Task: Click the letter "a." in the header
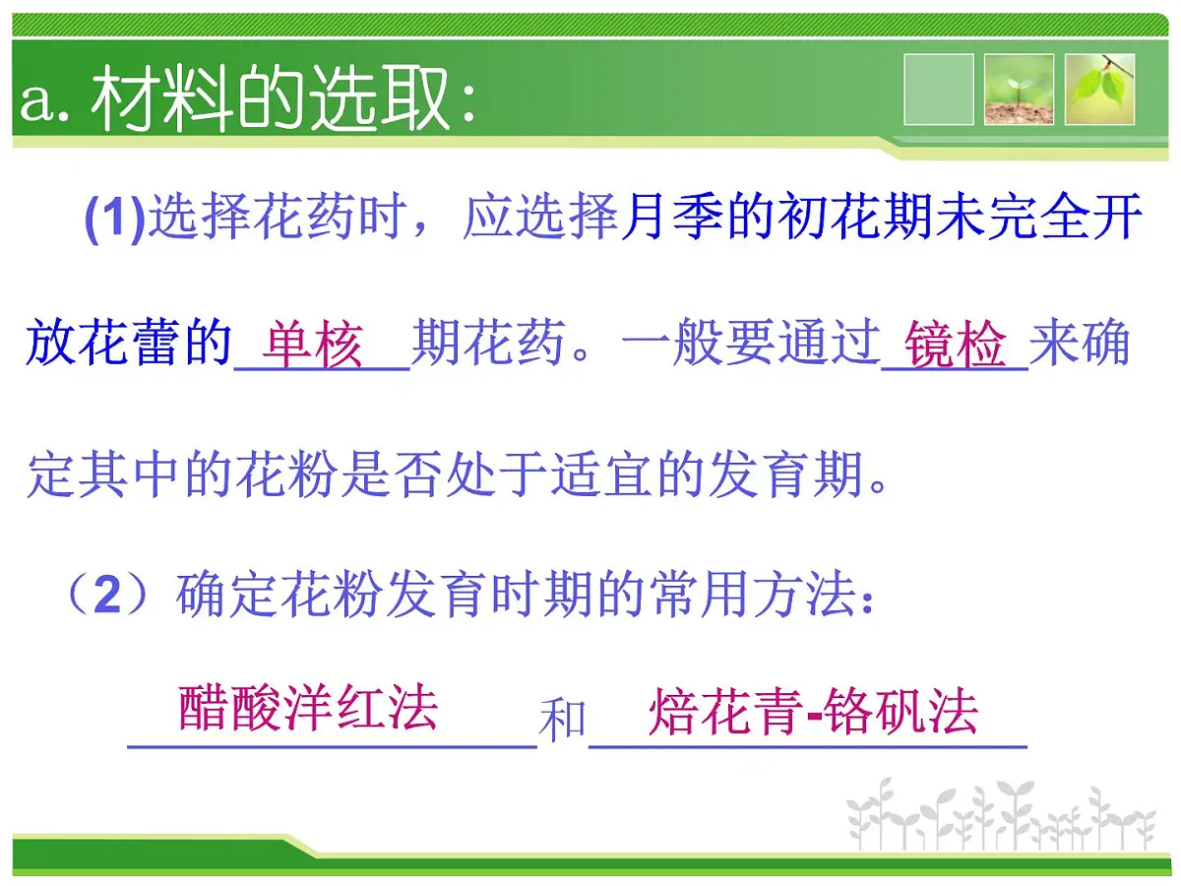coord(43,101)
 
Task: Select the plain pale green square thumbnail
coord(938,90)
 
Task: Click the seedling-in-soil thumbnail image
coord(1019,90)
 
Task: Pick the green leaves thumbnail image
coord(1100,90)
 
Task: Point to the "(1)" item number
coord(115,220)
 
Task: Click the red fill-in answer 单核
coord(313,346)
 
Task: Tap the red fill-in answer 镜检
coord(956,346)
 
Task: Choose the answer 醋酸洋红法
coord(308,710)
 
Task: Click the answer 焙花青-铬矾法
coord(813,712)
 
